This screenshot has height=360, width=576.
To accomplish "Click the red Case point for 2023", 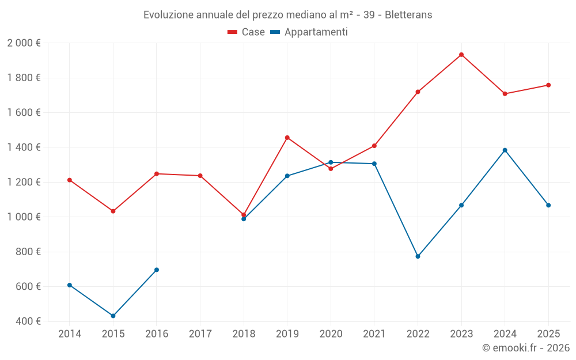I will tap(461, 55).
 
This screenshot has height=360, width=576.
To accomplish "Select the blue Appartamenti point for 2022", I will tap(418, 256).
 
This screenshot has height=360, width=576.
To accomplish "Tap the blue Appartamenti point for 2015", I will tap(113, 316).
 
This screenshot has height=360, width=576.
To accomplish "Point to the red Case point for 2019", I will tap(287, 138).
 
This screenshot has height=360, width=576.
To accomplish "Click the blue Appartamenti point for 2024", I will tap(505, 150).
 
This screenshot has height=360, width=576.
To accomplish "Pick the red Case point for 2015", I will tap(113, 211).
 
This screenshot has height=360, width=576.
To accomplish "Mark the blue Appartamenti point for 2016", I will tap(157, 270).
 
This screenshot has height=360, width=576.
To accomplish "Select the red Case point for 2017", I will tap(200, 176).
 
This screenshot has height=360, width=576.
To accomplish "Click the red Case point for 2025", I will tap(548, 85).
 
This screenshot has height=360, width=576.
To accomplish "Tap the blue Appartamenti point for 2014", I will tap(70, 285).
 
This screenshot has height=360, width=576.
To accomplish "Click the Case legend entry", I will tap(247, 32).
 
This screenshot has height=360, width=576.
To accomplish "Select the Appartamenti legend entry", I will tap(309, 32).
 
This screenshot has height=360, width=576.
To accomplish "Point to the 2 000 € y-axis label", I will tap(24, 43).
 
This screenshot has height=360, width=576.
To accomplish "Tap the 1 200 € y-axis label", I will tap(24, 182).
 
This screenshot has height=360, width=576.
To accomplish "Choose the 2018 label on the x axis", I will tap(244, 334).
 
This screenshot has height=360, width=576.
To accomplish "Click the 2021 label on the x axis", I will tap(374, 334).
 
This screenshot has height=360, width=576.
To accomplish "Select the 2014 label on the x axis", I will tap(70, 334).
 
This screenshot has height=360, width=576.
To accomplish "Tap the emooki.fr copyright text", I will tap(525, 348).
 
